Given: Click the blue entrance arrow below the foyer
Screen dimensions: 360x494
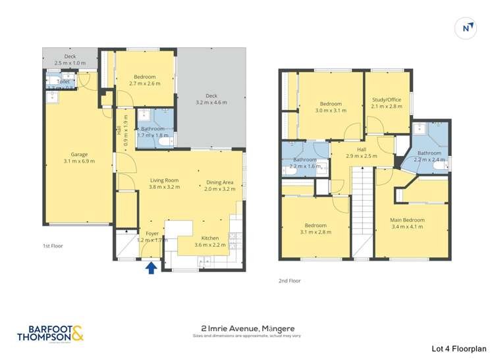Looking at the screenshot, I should [151, 268].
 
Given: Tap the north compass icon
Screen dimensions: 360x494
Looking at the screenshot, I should [466, 28].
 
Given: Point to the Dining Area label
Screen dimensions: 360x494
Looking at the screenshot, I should [219, 182].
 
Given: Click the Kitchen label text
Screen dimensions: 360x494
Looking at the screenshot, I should [210, 238].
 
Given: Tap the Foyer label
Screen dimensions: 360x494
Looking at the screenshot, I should [152, 233].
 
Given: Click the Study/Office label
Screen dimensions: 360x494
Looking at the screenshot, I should [386, 99].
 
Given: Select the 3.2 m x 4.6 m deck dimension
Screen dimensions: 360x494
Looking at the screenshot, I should [211, 103].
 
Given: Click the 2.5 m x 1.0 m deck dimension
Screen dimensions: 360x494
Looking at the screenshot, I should [70, 63].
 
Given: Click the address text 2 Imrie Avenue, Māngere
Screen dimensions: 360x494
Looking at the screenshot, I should [247, 328].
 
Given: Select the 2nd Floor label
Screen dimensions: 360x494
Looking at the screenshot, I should [289, 280].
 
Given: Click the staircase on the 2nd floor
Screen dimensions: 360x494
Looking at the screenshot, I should [360, 211].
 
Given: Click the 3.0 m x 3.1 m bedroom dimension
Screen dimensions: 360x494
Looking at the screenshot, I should [331, 111].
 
